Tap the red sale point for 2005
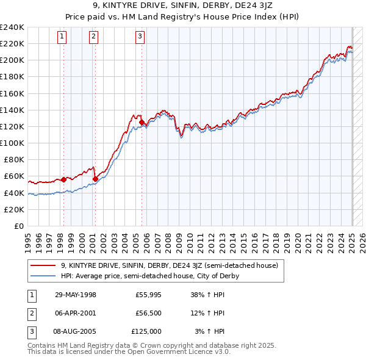pyautogui.click(x=142, y=123)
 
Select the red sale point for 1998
pyautogui.click(x=63, y=179)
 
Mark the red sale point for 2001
pyautogui.click(x=95, y=179)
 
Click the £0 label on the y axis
pyautogui.click(x=18, y=226)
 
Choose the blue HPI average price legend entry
pyautogui.click(x=150, y=276)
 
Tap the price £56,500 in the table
pyautogui.click(x=148, y=313)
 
